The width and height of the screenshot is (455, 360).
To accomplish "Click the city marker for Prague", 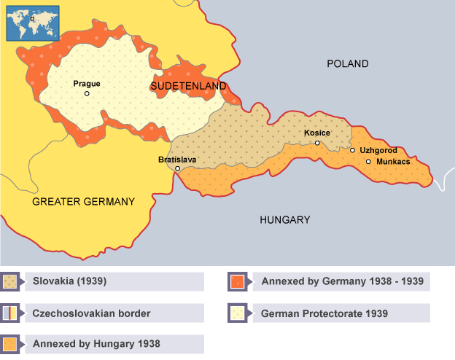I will pyautogui.click(x=87, y=93).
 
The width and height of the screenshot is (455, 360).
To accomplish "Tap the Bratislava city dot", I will pyautogui.click(x=177, y=168).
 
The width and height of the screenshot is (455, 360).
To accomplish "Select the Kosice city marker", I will pyautogui.click(x=317, y=143).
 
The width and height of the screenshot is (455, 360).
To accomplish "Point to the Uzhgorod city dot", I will pyautogui.click(x=353, y=150).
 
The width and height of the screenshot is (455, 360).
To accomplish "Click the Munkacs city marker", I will pyautogui.click(x=368, y=161).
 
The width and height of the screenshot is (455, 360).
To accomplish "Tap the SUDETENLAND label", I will pyautogui.click(x=187, y=86).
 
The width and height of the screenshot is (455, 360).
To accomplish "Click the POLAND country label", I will pyautogui.click(x=347, y=64).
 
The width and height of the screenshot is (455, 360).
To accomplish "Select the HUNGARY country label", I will pyautogui.click(x=284, y=219).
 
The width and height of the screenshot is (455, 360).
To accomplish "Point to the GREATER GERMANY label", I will pyautogui.click(x=84, y=202).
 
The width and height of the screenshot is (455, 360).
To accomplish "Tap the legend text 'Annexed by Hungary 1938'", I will pyautogui.click(x=96, y=343).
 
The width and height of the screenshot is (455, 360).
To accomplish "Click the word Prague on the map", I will pyautogui.click(x=87, y=83).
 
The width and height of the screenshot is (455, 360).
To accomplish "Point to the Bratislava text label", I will pyautogui.click(x=177, y=158).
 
